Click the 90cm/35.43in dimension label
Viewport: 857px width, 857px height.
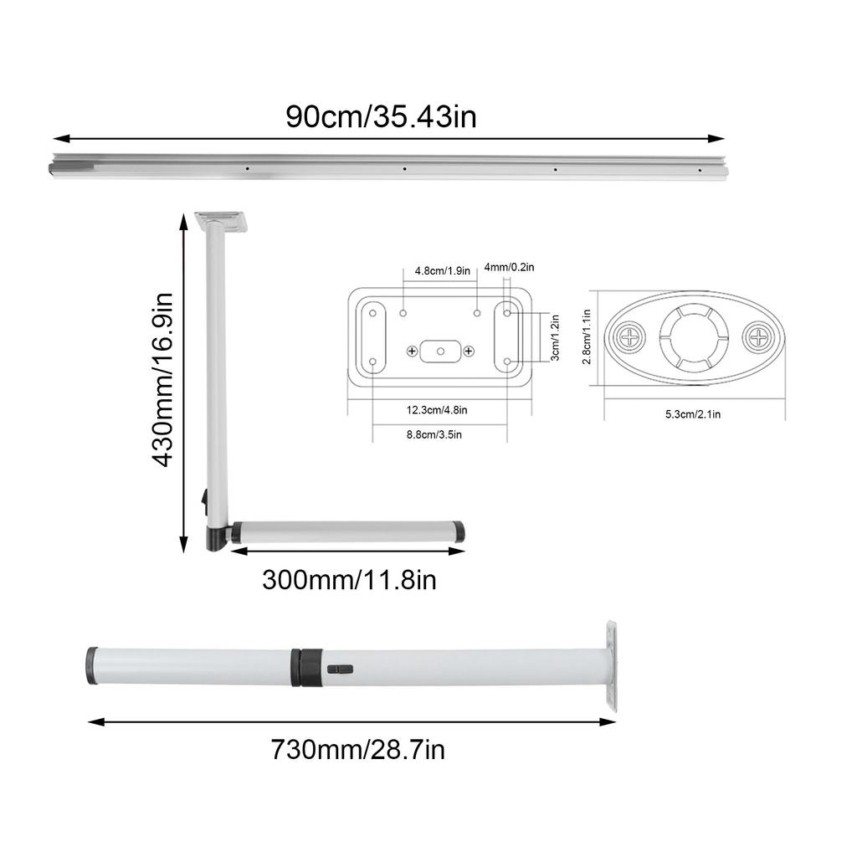381,115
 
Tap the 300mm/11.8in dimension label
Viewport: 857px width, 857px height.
349,579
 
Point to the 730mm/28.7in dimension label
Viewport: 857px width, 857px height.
357,748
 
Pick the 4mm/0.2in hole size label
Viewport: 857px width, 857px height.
509,267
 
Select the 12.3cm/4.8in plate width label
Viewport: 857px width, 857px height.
437,410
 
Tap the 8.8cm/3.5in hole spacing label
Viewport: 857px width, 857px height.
434,434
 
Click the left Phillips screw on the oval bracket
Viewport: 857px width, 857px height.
629,338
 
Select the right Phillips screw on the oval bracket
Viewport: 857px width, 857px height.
757,338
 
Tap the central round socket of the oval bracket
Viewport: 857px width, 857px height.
693,337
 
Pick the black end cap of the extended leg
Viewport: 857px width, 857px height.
90,665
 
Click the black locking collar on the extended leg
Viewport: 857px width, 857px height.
306,665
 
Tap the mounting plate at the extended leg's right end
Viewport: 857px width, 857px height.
612,666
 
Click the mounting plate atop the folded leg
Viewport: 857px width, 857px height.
223,221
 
